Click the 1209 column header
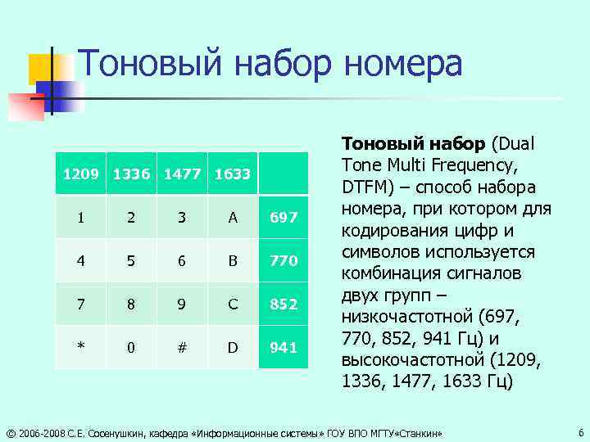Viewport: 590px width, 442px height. pyautogui.click(x=81, y=174)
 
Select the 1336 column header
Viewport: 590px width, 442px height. pyautogui.click(x=131, y=174)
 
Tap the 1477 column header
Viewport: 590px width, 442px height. pyautogui.click(x=182, y=174)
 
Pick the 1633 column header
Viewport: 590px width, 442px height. pyautogui.click(x=233, y=174)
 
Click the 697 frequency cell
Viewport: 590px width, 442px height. pyautogui.click(x=284, y=218)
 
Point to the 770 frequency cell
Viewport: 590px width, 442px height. pyautogui.click(x=284, y=261)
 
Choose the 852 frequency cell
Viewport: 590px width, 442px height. pyautogui.click(x=284, y=304)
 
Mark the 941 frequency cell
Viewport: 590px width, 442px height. pyautogui.click(x=284, y=348)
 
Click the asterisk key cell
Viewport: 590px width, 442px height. pyautogui.click(x=81, y=348)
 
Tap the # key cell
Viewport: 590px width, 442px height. pyautogui.click(x=182, y=348)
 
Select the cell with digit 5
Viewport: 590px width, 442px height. pyautogui.click(x=131, y=261)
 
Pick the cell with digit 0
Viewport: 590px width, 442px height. pyautogui.click(x=131, y=348)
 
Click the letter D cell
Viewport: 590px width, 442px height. pyautogui.click(x=233, y=348)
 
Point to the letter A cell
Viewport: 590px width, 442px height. pyautogui.click(x=233, y=218)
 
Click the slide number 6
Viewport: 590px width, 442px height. pyautogui.click(x=580, y=431)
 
